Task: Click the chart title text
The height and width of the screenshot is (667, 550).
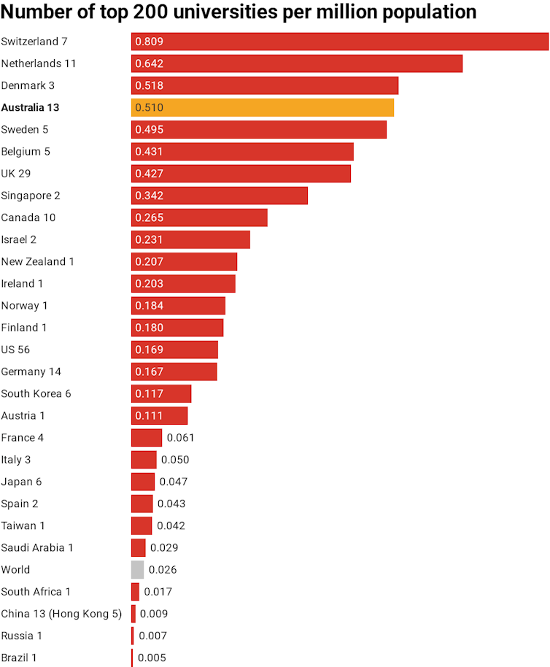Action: click(x=239, y=12)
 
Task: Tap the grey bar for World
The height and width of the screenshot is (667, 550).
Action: click(x=137, y=570)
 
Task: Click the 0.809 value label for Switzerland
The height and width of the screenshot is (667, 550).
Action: click(x=150, y=42)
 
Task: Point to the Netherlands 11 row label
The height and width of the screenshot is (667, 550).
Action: click(x=39, y=63)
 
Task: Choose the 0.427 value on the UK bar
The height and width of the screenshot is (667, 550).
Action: click(x=150, y=174)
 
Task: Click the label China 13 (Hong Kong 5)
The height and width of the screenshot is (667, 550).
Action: click(x=61, y=614)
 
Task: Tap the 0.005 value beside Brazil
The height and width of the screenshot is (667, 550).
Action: click(x=152, y=658)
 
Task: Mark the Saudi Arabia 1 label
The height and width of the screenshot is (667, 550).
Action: click(x=37, y=548)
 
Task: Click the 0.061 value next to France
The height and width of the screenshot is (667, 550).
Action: click(x=181, y=438)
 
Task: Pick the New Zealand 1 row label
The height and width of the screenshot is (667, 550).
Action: click(x=38, y=261)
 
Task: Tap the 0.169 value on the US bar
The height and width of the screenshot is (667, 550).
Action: click(x=150, y=350)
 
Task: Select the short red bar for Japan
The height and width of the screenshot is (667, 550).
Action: click(x=143, y=482)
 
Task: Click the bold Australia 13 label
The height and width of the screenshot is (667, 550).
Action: click(x=40, y=107)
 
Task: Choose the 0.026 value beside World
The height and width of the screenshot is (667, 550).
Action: click(x=163, y=570)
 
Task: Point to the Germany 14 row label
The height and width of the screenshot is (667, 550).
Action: click(x=31, y=371)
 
